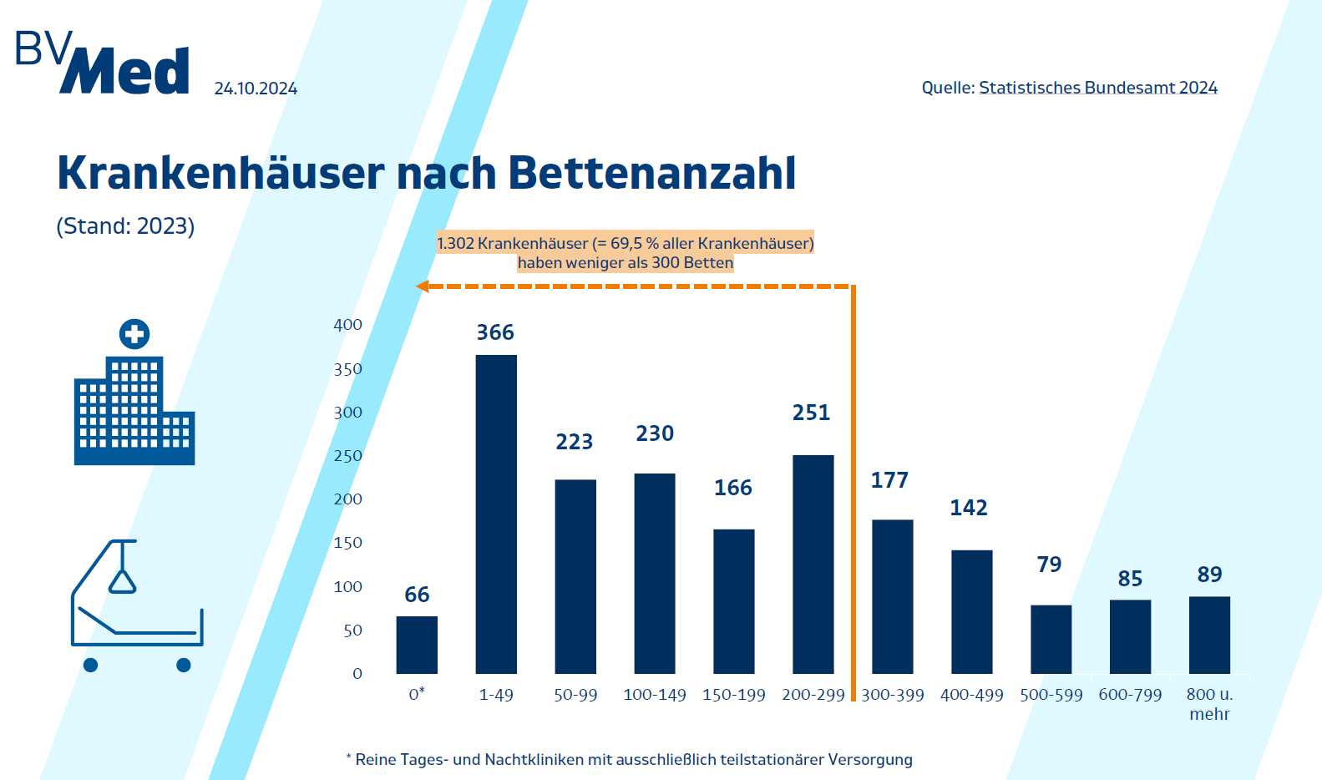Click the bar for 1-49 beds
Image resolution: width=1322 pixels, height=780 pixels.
[x=496, y=514]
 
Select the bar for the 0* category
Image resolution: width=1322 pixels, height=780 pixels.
[x=417, y=645]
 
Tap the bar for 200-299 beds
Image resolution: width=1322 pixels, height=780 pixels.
[x=813, y=564]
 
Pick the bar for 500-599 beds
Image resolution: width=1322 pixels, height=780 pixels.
[x=1051, y=639]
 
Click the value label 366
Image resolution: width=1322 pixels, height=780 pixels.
[x=495, y=332]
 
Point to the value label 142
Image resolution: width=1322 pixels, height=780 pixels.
[x=969, y=508]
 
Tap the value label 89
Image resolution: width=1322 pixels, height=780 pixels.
[x=1209, y=575]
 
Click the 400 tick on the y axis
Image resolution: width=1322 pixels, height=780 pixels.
[x=347, y=325]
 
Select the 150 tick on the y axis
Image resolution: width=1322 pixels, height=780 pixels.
[x=347, y=543]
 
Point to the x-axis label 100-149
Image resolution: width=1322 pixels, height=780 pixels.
[x=655, y=695]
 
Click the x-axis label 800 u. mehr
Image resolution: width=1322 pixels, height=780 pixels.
[x=1209, y=704]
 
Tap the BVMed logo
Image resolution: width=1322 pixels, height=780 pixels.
[x=103, y=63]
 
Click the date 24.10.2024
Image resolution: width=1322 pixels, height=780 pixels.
[x=256, y=89]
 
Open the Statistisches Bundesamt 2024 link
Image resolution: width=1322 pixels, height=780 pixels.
[x=1097, y=88]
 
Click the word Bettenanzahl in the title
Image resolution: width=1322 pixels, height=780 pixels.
[x=651, y=173]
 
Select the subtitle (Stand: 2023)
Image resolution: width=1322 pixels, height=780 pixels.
[x=125, y=226]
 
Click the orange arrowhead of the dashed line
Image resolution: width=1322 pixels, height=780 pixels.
[x=423, y=286]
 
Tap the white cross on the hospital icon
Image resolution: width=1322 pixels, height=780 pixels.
[x=134, y=334]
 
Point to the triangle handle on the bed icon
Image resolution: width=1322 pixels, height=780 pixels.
[x=123, y=581]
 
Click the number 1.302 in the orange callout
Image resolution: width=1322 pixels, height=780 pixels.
[x=455, y=243]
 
